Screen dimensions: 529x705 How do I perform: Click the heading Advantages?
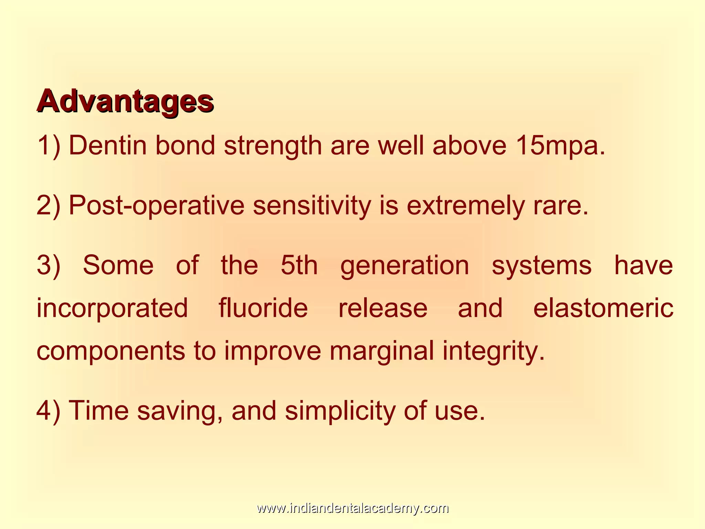coord(125,101)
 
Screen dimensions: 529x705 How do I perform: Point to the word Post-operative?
coord(156,206)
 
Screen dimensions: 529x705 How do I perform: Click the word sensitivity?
coord(312,206)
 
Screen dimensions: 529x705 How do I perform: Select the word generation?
coord(404,266)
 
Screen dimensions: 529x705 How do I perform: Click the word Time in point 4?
coord(99,411)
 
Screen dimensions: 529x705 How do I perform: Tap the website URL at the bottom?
coord(352,508)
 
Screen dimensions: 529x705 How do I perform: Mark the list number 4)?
coord(49,411)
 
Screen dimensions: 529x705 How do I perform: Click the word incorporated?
coord(112,308)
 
